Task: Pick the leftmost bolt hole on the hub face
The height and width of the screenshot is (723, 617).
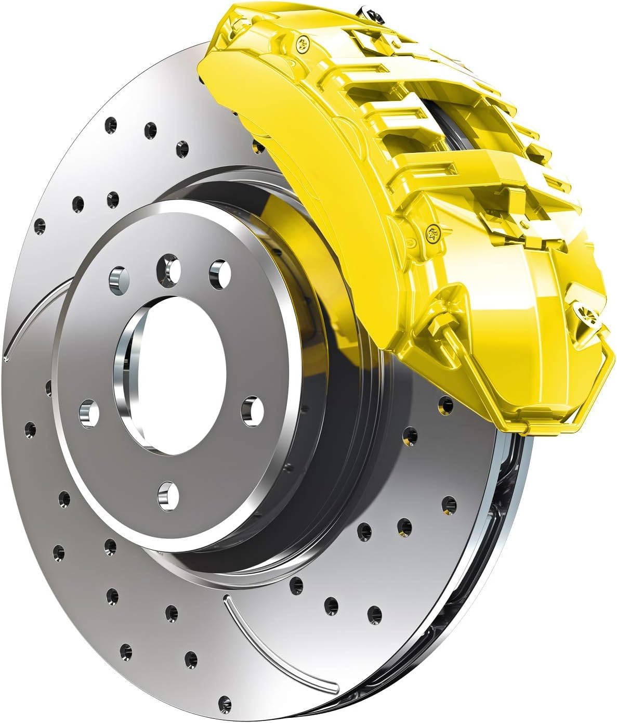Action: tap(89, 411)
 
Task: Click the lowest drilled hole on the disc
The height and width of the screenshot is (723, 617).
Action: tap(225, 700)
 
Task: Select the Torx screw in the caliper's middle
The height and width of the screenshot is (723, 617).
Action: tap(432, 233)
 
